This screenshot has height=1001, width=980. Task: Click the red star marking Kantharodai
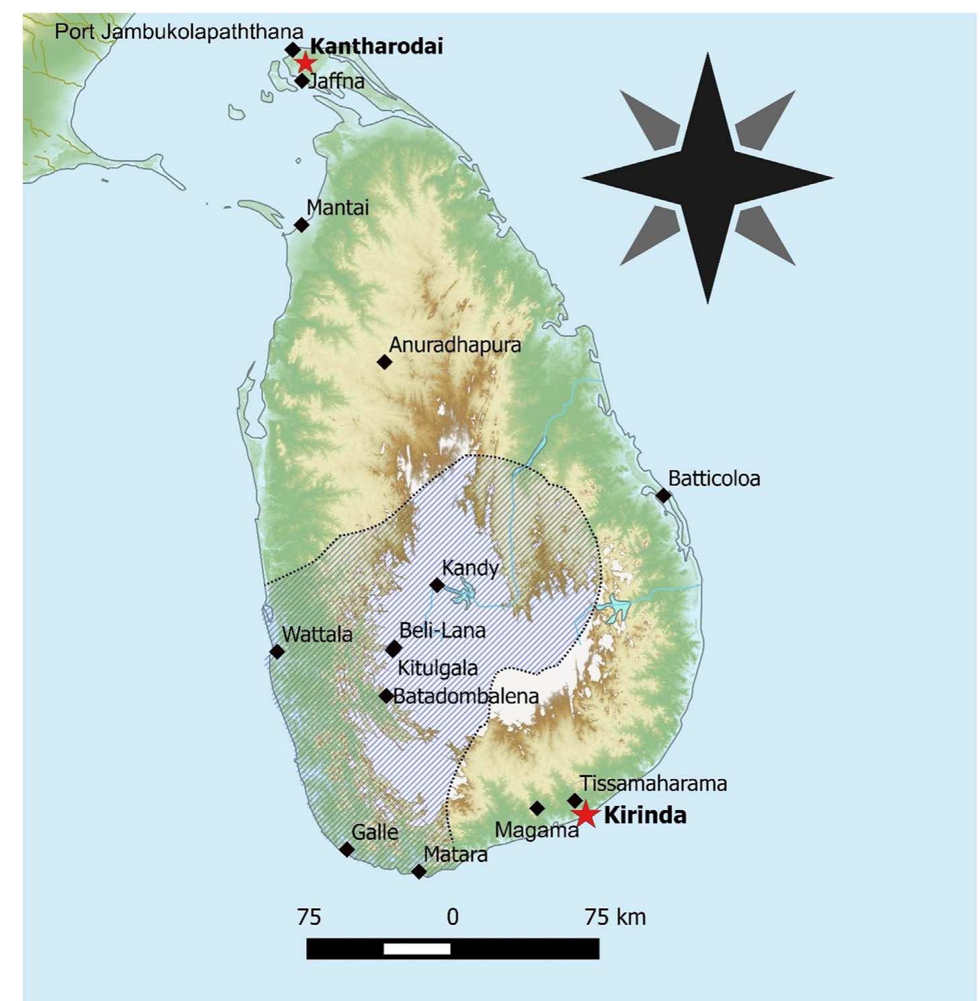305,63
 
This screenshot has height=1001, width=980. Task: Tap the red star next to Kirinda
586,814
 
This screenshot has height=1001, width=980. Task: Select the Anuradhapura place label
455,345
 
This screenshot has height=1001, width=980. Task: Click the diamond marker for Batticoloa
663,496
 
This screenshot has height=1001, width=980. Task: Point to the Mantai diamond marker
302,225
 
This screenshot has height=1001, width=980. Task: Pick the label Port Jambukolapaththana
179,32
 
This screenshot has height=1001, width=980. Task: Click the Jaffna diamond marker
302,81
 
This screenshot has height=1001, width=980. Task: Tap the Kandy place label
470,568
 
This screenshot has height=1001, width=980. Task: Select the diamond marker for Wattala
277,651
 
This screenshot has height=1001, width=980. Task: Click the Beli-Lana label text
442,631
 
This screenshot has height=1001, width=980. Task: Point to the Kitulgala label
438,668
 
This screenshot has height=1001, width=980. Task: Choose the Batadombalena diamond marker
386,696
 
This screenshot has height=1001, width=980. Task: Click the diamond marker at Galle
346,850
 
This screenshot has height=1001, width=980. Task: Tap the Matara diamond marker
418,872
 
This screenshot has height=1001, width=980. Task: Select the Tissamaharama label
653,784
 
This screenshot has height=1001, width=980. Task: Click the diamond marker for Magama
537,808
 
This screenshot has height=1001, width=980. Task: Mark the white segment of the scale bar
417,949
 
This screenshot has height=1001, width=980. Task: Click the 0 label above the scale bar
453,917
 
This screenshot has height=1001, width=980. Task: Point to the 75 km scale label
615,917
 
